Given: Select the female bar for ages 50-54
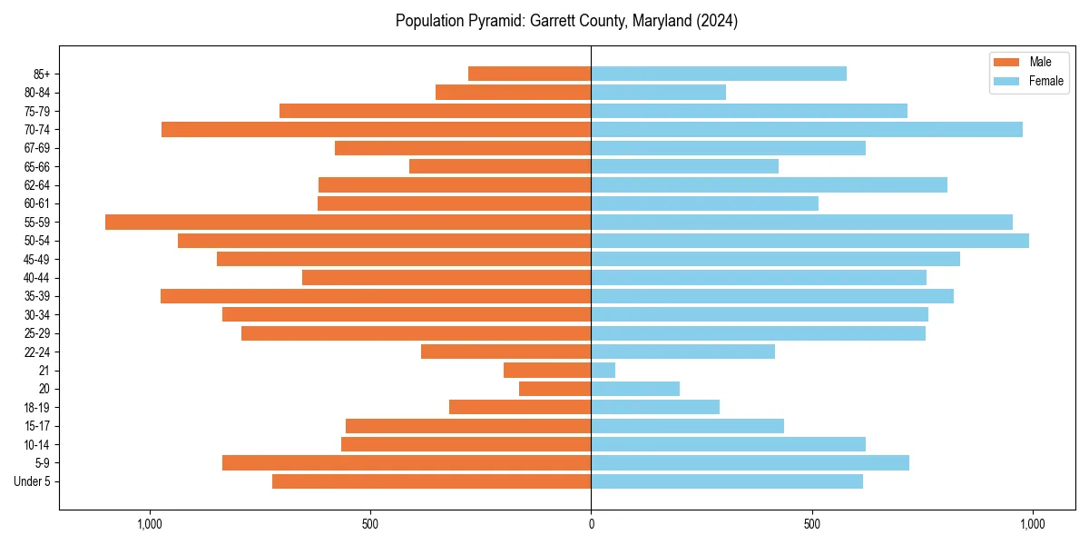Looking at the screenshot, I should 809,241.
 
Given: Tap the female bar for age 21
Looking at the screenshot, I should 603,370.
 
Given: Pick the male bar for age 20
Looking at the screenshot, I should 554,389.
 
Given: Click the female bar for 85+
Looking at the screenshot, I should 719,74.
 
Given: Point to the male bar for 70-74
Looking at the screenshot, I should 376,129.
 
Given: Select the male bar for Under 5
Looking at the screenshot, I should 431,481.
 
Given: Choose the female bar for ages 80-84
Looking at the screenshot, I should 658,92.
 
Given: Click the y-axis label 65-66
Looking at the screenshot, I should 37,166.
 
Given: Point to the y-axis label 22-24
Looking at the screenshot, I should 37,352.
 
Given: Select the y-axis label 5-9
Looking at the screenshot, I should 43,463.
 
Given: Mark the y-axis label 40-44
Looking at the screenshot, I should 37,278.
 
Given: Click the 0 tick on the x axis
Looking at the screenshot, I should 591,524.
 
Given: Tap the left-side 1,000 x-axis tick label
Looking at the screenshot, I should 149,524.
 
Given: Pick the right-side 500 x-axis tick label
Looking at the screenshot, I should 811,524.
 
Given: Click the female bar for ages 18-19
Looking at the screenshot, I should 655,407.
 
